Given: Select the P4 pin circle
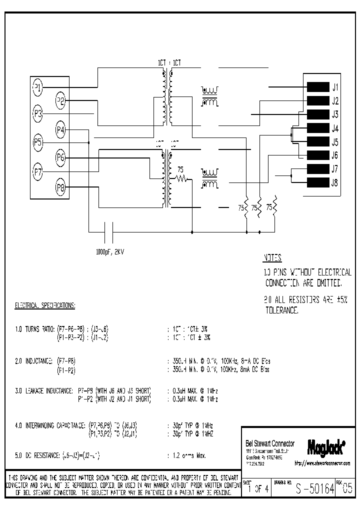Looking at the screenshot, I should click(x=61, y=130).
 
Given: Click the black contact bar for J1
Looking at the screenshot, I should click(x=317, y=87).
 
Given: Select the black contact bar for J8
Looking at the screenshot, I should click(x=317, y=182).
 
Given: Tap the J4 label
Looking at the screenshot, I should click(x=335, y=128).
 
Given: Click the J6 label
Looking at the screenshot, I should click(x=335, y=155).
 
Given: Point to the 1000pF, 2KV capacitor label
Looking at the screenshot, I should click(x=109, y=251).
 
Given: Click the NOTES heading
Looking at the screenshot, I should click(x=272, y=258).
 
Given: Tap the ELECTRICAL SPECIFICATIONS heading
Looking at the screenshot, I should click(x=45, y=304).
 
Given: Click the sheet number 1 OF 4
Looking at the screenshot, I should click(x=258, y=489).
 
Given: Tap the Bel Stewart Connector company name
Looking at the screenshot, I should click(x=270, y=443).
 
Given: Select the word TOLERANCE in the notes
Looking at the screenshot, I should click(x=281, y=310).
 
